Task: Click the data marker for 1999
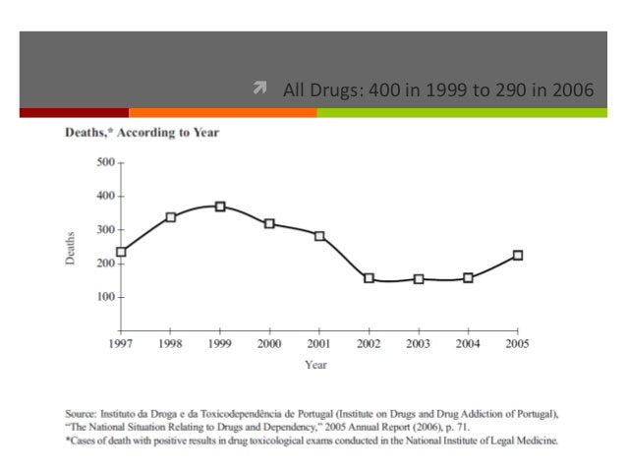pos(220,206)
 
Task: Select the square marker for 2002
pos(370,277)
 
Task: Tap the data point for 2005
pos(518,255)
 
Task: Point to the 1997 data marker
pos(121,252)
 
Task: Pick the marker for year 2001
pos(319,236)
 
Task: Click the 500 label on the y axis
pos(105,162)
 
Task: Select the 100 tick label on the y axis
pos(105,297)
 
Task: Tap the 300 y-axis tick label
pos(105,230)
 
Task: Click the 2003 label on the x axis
pos(419,344)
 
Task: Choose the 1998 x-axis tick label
pos(170,344)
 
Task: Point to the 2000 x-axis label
pos(269,344)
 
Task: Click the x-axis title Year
pos(315,365)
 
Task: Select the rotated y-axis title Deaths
pos(70,248)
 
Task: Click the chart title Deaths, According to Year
pos(142,133)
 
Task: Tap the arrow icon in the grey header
pos(259,88)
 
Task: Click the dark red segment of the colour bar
pos(75,113)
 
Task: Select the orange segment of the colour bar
pos(223,113)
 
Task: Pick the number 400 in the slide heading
pos(384,90)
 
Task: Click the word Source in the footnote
pos(81,414)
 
